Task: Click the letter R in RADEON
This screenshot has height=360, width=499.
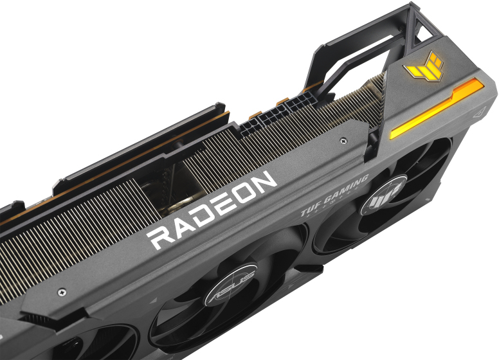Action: pyautogui.click(x=161, y=237)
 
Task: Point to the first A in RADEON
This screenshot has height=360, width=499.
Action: pyautogui.click(x=186, y=224)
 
